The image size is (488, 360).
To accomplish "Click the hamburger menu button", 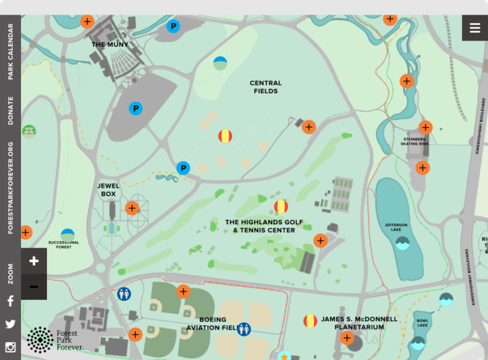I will pos(475,28).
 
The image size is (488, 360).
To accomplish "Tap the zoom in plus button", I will pos(34,261).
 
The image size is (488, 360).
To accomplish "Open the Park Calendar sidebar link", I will pos(10,52).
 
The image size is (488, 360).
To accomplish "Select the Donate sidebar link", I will pos(10,110).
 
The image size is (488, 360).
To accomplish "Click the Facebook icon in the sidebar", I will pos(10,301).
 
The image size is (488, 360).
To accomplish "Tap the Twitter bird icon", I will pos(10,324).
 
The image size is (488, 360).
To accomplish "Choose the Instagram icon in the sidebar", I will pos(10,347).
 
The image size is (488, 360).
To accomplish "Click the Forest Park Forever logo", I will pos(53,340).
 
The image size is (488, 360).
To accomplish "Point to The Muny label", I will pos(110,44).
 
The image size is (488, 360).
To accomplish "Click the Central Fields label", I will pos(266,87).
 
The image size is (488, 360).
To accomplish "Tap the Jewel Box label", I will pos(109,190).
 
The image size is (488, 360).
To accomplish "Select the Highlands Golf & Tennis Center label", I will pos(264,226).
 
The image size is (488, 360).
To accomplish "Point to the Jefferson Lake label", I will pos(396,227).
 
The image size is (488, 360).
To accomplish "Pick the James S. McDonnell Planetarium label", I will pos(359,323).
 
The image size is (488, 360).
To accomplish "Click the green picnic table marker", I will pos(29,131).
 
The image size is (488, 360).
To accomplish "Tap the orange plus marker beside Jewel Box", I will pos(132,208).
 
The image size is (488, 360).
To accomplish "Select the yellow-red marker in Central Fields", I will pos(226,136).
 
